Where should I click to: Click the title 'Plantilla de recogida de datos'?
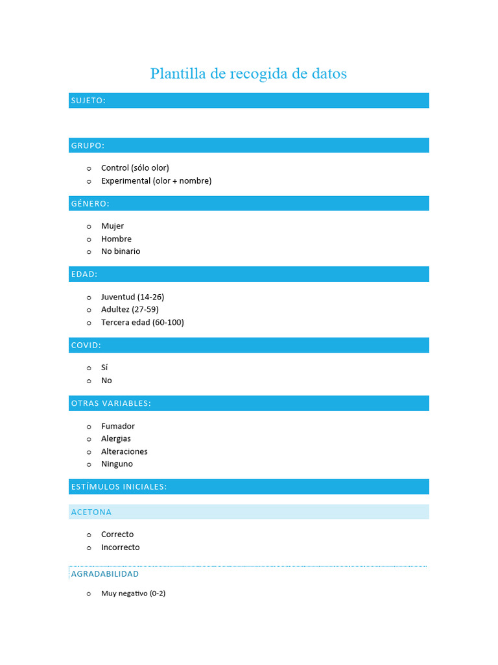pyautogui.click(x=248, y=73)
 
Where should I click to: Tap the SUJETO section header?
pyautogui.click(x=88, y=100)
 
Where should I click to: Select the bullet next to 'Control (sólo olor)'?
pyautogui.click(x=89, y=168)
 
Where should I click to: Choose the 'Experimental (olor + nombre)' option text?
pyautogui.click(x=156, y=181)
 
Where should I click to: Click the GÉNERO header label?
pyautogui.click(x=90, y=203)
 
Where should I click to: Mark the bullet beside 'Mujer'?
pyautogui.click(x=89, y=227)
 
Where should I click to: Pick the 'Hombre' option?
pyautogui.click(x=116, y=238)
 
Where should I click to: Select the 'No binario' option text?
pyautogui.click(x=121, y=251)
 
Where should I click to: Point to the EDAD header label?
pyautogui.click(x=84, y=274)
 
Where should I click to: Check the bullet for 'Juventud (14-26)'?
pyautogui.click(x=89, y=297)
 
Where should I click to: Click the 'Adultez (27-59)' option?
pyautogui.click(x=130, y=309)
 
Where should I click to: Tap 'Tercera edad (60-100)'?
pyautogui.click(x=143, y=322)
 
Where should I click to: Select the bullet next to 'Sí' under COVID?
pyautogui.click(x=89, y=368)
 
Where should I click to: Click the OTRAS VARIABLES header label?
pyautogui.click(x=111, y=403)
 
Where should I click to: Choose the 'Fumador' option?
pyautogui.click(x=118, y=426)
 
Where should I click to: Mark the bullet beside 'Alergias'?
pyautogui.click(x=89, y=439)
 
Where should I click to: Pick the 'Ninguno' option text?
pyautogui.click(x=117, y=464)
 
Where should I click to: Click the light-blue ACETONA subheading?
pyautogui.click(x=91, y=512)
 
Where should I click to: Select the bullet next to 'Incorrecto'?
pyautogui.click(x=89, y=547)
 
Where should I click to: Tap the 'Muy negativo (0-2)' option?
pyautogui.click(x=133, y=594)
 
